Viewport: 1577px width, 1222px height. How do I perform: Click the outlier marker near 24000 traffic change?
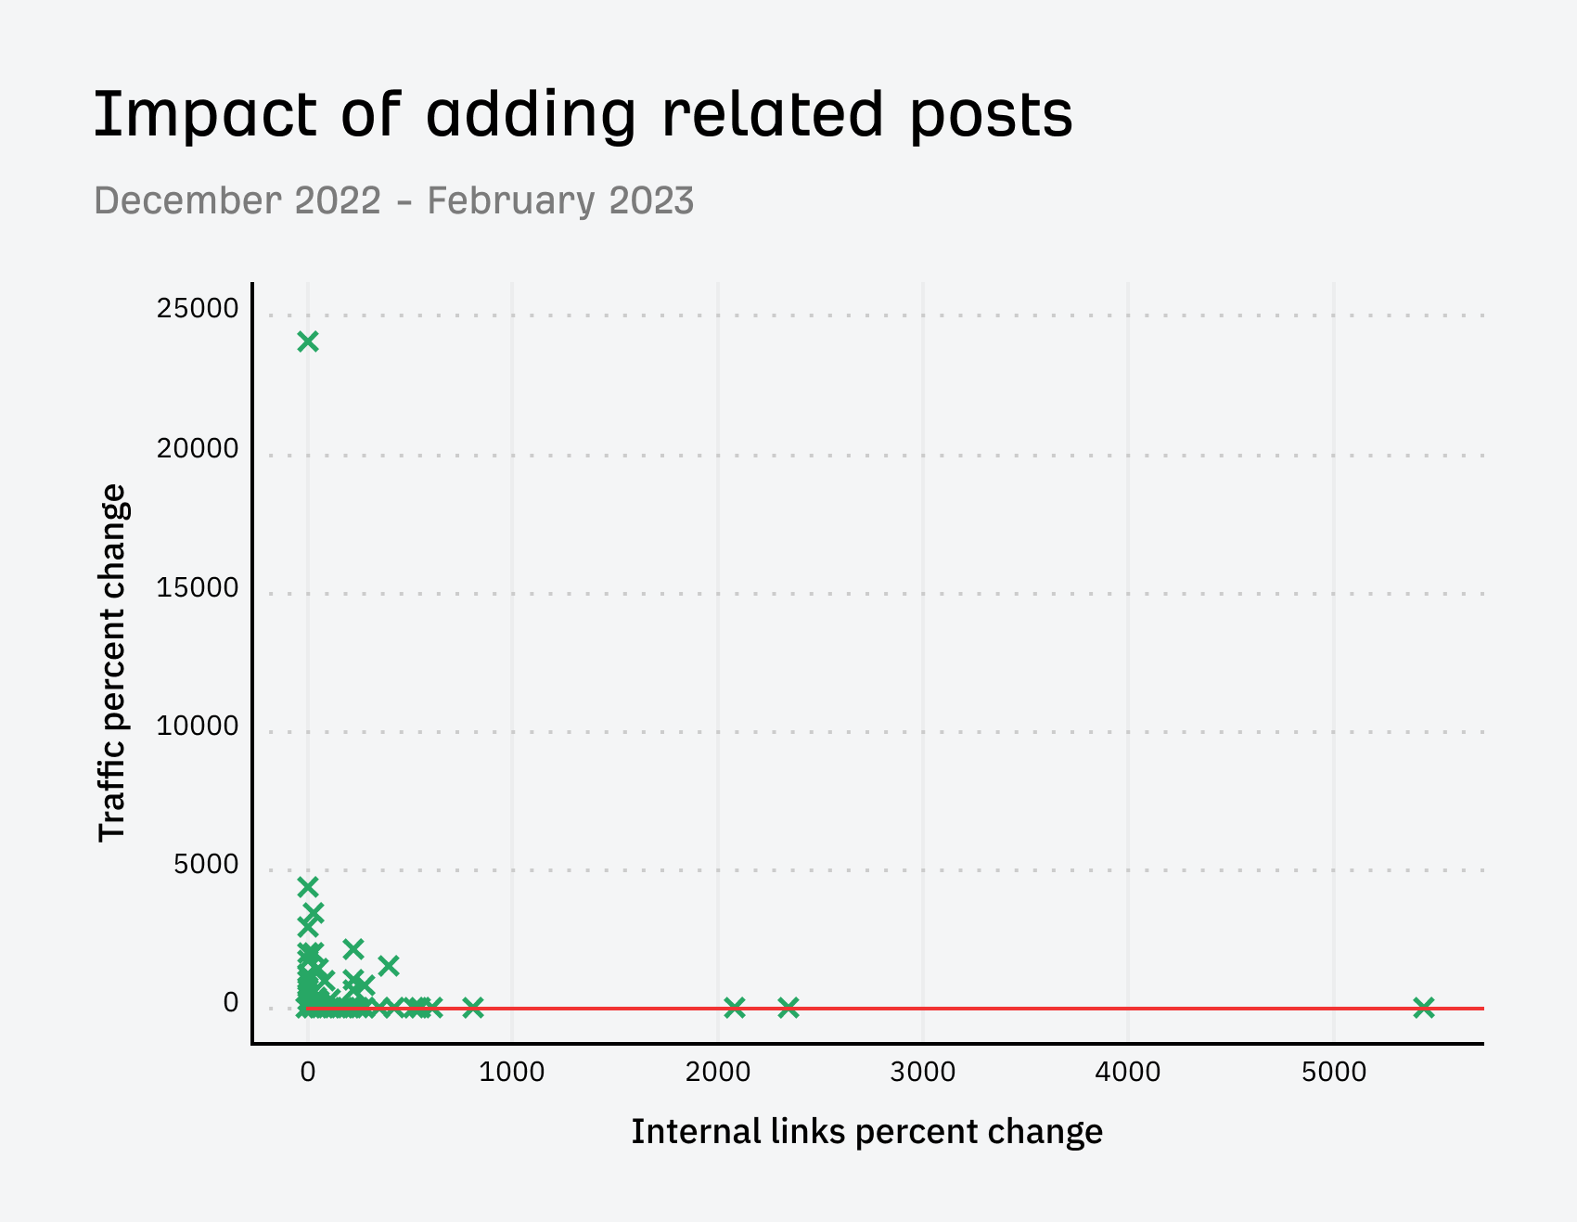[x=308, y=341]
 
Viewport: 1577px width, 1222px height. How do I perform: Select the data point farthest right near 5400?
[x=1424, y=1007]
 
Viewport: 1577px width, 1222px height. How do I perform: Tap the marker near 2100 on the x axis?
[x=735, y=1007]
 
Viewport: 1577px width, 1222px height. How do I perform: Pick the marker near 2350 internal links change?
[x=788, y=1007]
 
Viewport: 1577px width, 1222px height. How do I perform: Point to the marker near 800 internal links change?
[x=473, y=1007]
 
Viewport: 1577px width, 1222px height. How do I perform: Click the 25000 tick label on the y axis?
[x=198, y=309]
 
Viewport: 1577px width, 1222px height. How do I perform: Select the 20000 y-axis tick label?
[x=198, y=449]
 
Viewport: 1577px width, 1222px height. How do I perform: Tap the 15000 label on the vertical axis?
[x=198, y=588]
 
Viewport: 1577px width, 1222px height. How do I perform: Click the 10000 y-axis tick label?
[x=198, y=727]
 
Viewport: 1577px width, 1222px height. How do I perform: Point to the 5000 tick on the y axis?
[x=206, y=865]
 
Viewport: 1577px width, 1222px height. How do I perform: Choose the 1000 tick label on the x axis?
[x=513, y=1073]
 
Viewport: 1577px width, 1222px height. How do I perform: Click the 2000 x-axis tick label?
[x=718, y=1073]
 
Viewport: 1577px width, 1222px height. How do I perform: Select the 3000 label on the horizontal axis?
[x=923, y=1073]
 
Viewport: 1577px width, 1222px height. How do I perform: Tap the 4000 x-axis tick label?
[x=1128, y=1073]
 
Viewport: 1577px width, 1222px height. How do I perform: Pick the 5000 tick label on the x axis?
[x=1334, y=1073]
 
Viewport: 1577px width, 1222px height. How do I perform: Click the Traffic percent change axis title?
[x=112, y=662]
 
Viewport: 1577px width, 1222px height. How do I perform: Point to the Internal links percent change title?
[x=866, y=1132]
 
